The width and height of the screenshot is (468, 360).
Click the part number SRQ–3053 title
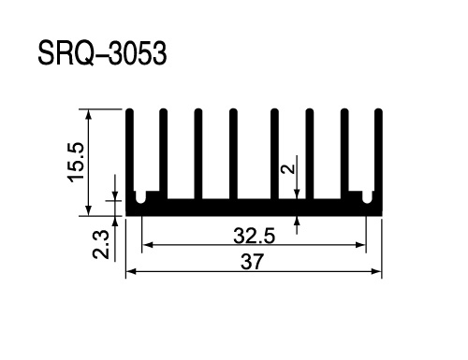[102, 53]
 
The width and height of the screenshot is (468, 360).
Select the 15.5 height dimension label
[76, 162]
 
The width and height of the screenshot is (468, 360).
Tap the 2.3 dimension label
[101, 245]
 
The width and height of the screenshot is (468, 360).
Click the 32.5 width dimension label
[254, 236]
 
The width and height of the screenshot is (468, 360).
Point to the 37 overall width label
[252, 262]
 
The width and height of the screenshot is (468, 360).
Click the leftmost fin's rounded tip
[130, 111]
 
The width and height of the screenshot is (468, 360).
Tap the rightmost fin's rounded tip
[378, 111]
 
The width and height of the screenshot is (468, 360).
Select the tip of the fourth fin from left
[233, 111]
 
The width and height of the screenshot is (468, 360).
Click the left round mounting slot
[140, 197]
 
